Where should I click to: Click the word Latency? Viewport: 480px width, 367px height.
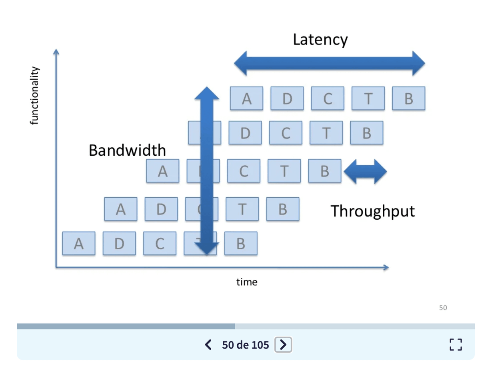tap(320, 40)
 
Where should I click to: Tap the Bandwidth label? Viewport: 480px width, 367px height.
tap(127, 150)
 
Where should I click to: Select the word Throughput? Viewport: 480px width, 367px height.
tap(372, 211)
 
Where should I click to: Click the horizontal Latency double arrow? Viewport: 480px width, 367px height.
tap(329, 63)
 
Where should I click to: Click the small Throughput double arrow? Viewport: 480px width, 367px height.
tap(365, 172)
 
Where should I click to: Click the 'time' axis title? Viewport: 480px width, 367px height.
tap(247, 282)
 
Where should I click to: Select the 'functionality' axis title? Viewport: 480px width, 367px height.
tap(35, 96)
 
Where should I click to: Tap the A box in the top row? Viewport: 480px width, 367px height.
tap(247, 98)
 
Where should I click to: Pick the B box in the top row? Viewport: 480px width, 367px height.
tap(408, 98)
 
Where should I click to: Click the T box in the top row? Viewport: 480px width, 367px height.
tap(368, 98)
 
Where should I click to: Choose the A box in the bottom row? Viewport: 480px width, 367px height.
tap(79, 243)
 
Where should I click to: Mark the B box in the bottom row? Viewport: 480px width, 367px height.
tap(240, 243)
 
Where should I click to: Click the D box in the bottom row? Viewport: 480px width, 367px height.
tap(119, 243)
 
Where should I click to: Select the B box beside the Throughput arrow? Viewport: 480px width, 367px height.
tap(325, 171)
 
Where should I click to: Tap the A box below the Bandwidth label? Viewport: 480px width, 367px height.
tap(162, 171)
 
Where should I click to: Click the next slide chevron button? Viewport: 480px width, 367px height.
tap(283, 345)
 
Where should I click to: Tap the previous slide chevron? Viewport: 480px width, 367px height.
tap(208, 345)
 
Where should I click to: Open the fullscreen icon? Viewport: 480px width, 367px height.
tap(456, 345)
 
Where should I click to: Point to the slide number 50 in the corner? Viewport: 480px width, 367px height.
tap(443, 308)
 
